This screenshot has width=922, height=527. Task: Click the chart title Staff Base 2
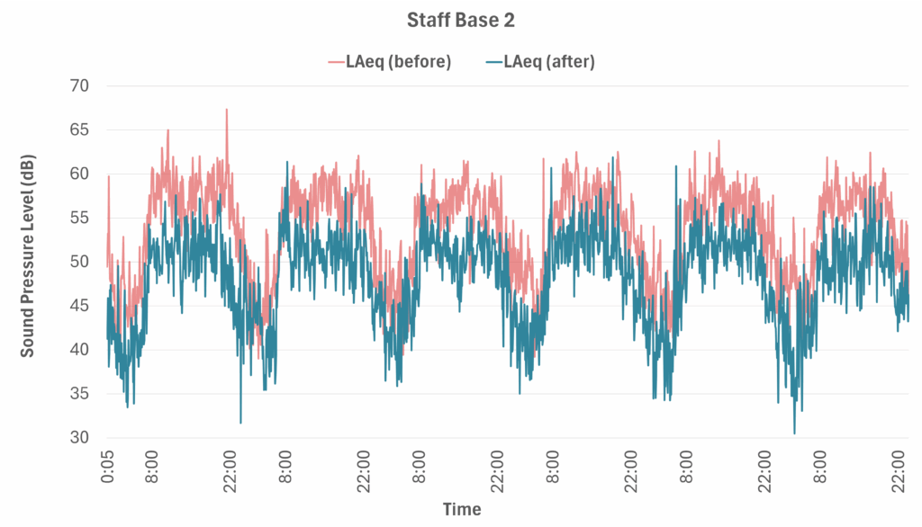coord(461,17)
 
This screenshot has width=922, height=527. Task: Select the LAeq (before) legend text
coord(398,62)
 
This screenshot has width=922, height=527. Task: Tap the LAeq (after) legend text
coord(549,62)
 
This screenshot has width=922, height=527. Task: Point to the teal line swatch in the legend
coord(493,62)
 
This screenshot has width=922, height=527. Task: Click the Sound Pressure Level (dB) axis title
coord(29,262)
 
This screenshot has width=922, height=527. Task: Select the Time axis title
coord(461,510)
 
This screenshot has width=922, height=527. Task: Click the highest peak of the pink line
coord(227,110)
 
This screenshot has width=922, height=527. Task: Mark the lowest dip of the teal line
coord(794,433)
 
